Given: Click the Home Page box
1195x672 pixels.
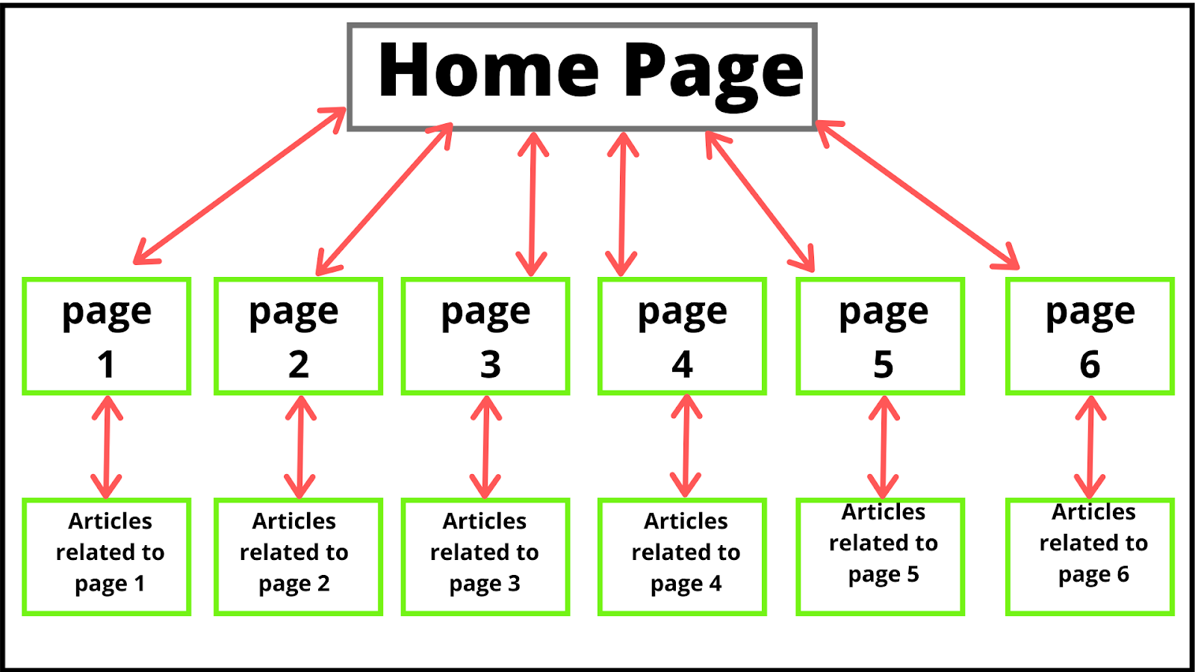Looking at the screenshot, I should coord(583,77).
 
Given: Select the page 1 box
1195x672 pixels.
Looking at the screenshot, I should coord(107,336).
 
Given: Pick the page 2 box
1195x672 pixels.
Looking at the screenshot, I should coord(298,336).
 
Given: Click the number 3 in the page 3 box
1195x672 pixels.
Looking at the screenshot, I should coord(490,365).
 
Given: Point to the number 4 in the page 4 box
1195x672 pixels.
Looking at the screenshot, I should coord(682,365).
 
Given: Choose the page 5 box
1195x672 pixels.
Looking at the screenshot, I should coord(881,336).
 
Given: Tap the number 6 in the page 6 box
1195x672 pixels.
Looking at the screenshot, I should coord(1090,365).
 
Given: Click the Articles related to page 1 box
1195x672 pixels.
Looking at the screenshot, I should coord(107,556).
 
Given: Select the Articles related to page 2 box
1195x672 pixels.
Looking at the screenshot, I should coord(298,556).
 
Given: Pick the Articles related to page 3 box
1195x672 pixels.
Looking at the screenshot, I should coord(485,556).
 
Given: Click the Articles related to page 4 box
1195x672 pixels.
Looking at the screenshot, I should coord(682,556).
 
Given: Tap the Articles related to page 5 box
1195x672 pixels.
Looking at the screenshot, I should coord(881,556).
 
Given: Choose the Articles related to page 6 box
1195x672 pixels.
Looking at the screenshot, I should coord(1090,556).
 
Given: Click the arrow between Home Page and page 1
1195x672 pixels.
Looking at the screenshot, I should coord(239,186).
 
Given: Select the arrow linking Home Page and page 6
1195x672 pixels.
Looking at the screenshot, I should coord(917,194).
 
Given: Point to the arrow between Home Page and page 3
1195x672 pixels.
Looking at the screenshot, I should coord(533,204).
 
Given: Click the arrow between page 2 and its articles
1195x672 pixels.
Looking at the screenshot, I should coord(300,447).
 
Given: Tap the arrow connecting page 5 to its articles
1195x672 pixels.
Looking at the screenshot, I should coord(884,447).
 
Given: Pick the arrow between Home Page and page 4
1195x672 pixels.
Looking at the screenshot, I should coord(622,204).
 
